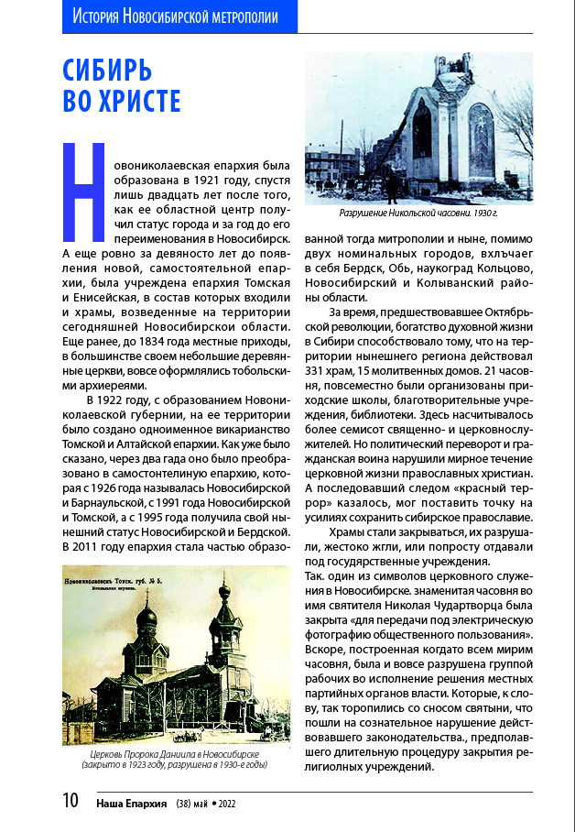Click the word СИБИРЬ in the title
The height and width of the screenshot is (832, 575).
(106, 71)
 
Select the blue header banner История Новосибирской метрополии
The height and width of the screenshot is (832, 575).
(179, 16)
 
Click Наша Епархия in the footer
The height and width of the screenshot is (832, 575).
(131, 804)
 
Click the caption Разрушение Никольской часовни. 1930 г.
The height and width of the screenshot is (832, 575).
(418, 213)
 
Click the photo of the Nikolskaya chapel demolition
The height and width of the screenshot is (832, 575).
(418, 127)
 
